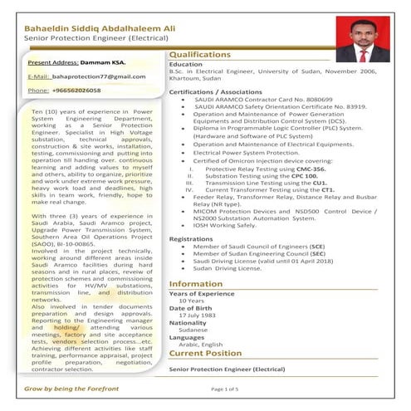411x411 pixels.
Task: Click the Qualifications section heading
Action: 200,55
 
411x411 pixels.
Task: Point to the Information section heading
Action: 195,284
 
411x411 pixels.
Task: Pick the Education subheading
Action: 186,65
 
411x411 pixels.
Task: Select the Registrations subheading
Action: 191,238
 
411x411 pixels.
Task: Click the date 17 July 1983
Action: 198,316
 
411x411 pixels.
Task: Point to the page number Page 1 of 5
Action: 224,389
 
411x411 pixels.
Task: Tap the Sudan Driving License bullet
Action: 225,269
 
